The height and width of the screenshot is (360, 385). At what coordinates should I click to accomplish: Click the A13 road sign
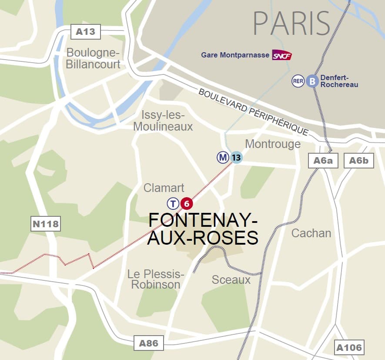[85, 32]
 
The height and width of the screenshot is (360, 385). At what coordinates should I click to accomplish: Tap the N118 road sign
[45, 224]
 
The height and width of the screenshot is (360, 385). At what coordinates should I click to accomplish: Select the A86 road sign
[148, 343]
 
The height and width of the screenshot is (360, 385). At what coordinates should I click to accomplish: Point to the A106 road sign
[349, 347]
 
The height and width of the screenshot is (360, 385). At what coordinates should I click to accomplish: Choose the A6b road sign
[358, 161]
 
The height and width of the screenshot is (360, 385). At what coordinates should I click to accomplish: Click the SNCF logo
[281, 55]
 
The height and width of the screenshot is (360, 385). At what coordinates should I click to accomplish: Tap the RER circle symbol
[298, 81]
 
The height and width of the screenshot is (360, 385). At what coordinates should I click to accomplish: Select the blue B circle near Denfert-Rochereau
[311, 81]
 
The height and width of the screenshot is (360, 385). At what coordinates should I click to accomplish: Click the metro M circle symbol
[223, 157]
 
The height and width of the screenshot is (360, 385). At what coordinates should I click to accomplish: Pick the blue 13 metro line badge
[236, 157]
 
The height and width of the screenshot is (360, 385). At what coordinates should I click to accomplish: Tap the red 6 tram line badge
[186, 203]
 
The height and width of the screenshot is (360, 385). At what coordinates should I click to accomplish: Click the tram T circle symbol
[173, 203]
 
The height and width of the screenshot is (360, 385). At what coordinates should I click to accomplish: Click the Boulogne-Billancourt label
[93, 59]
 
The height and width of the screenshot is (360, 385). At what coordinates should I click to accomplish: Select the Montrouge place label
[273, 144]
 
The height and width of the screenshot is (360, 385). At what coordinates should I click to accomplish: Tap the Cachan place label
[311, 233]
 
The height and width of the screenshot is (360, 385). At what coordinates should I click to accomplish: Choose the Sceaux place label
[231, 279]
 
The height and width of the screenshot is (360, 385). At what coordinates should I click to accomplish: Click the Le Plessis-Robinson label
[155, 279]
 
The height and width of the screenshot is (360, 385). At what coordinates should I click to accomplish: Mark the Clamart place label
[164, 188]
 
